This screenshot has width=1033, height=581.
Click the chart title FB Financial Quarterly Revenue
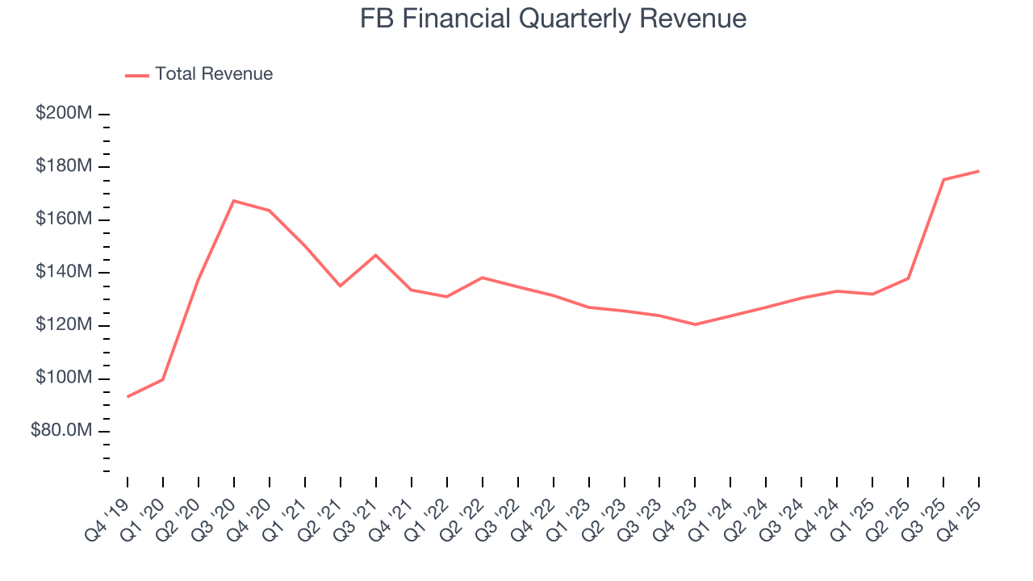553,19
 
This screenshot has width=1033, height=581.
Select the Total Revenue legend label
214,74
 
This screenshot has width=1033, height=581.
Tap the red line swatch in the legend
137,75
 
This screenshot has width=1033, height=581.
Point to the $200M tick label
64,113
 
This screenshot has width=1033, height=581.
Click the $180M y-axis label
64,166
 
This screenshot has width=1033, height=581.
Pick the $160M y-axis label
64,219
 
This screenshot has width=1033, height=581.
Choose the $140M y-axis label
64,272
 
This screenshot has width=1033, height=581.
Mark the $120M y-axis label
64,325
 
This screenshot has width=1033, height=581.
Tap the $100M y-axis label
64,378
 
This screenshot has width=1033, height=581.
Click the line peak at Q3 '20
234,200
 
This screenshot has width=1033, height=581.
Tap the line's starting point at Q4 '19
128,396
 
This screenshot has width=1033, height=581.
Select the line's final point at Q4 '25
979,171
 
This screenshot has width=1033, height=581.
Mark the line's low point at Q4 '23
695,324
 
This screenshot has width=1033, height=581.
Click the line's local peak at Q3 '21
376,255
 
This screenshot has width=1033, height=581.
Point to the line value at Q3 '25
943,179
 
